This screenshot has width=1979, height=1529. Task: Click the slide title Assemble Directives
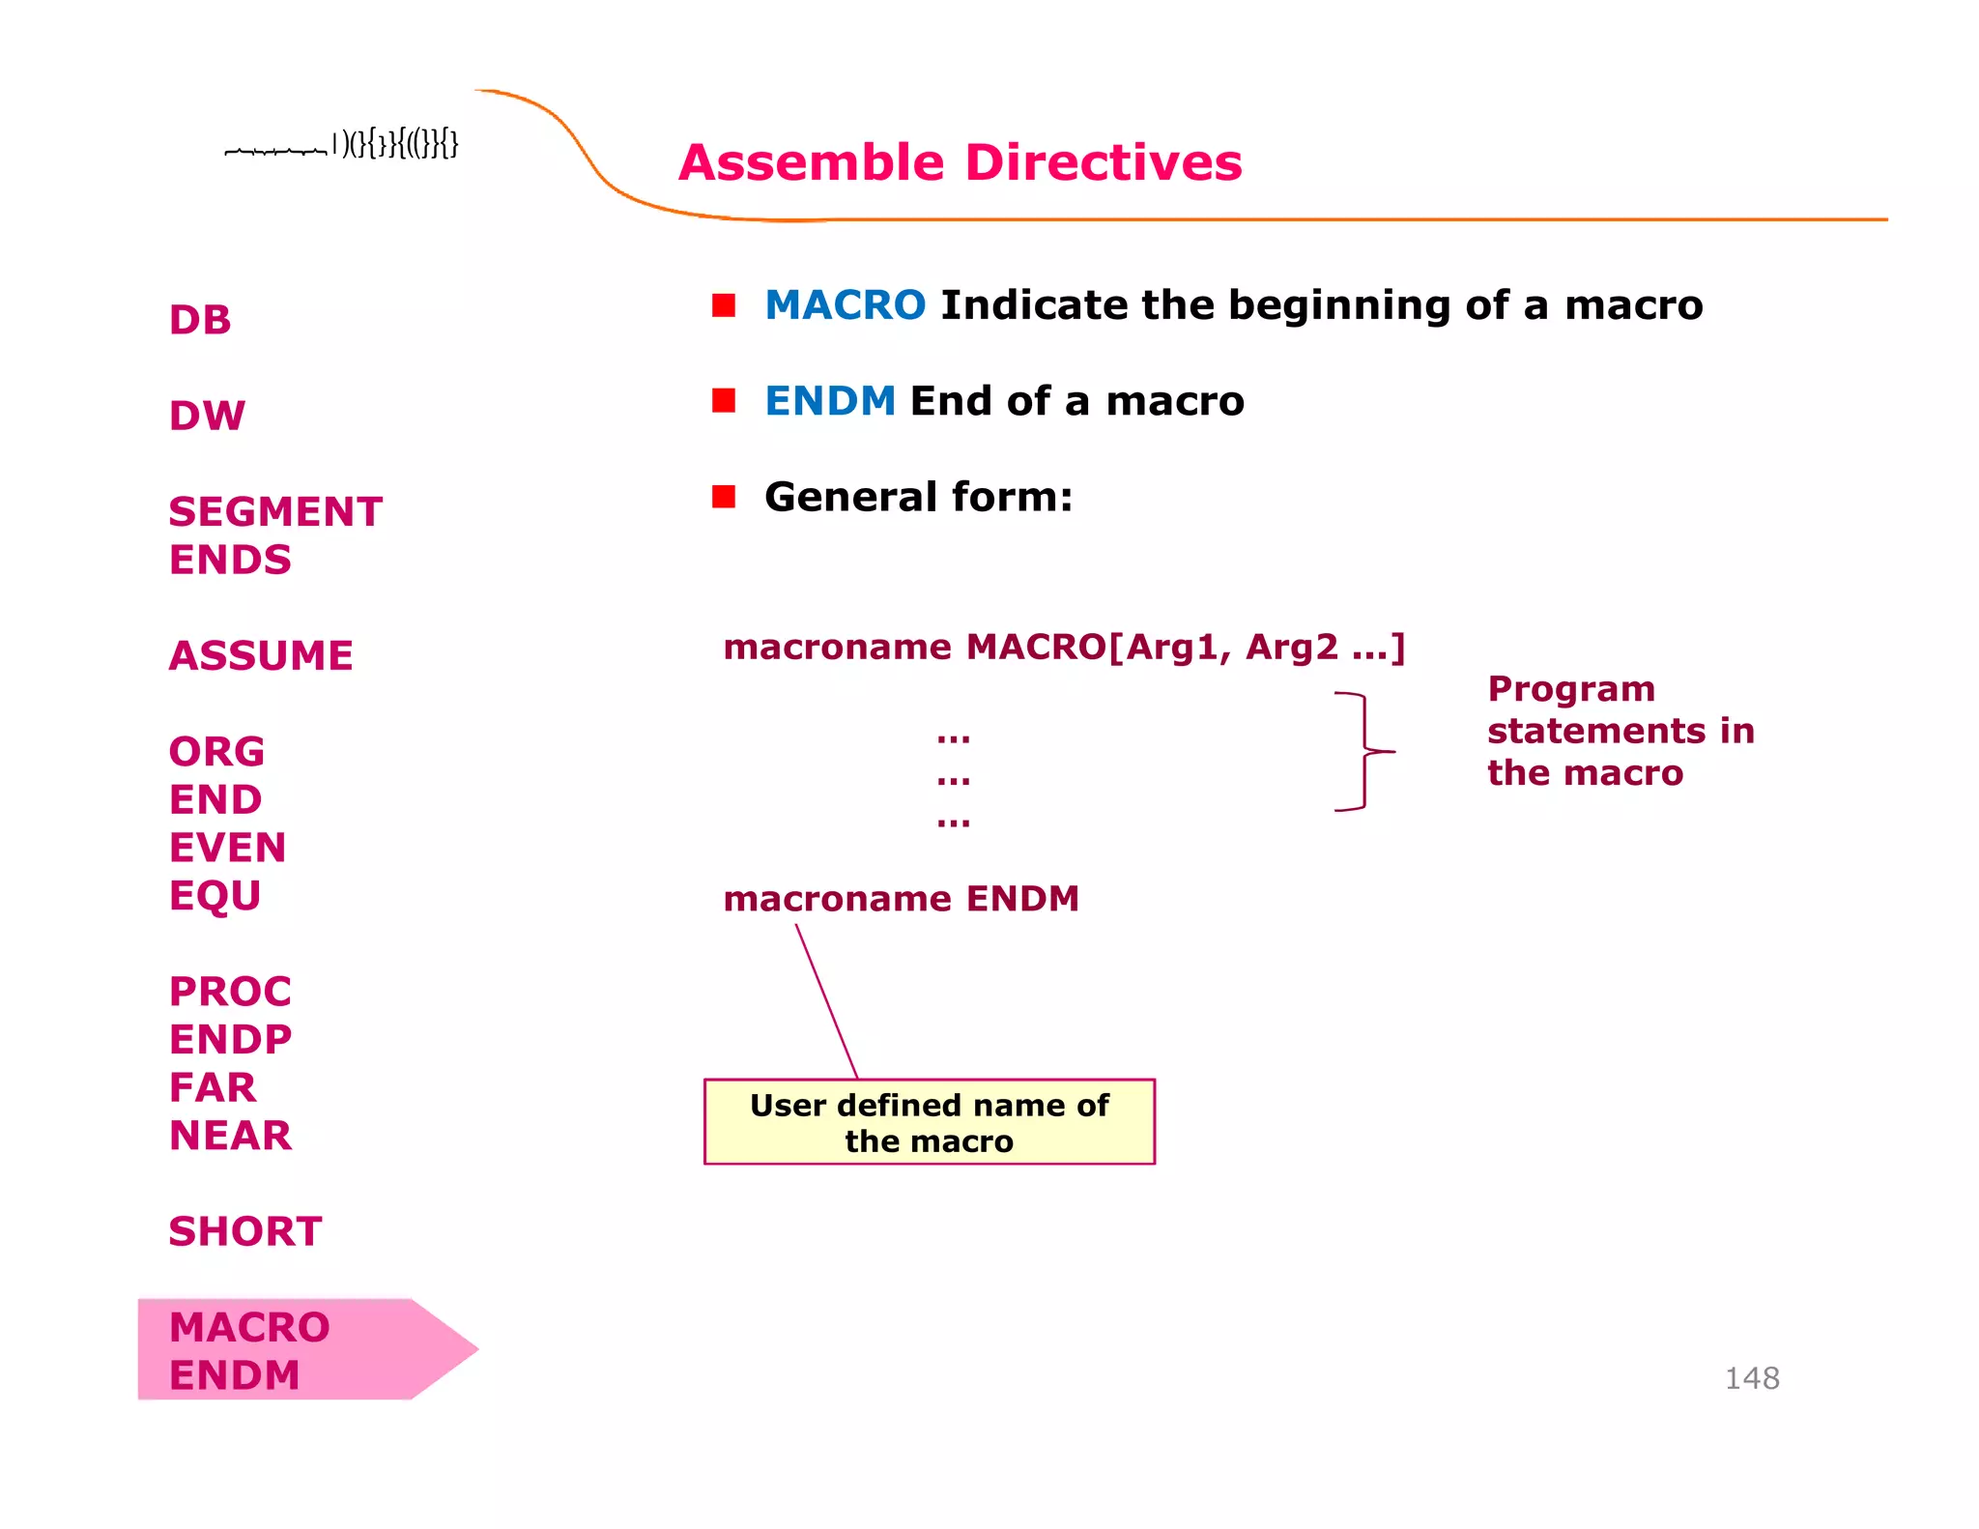960,162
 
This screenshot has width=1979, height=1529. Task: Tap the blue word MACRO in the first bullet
845,305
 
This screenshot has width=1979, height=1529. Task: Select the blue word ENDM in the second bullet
830,401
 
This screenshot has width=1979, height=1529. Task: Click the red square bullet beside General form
724,497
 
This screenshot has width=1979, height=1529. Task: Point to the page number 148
1751,1378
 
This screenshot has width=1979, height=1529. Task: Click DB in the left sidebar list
200,320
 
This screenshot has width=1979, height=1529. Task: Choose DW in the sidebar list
207,416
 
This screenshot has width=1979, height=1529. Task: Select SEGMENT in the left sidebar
275,511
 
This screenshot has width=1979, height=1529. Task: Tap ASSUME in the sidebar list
261,655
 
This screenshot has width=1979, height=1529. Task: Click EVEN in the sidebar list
227,848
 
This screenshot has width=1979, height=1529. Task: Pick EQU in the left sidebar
215,896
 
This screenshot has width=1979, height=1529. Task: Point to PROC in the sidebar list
230,992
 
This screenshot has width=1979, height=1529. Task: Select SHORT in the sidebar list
245,1231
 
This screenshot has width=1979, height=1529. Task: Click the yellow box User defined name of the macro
929,1122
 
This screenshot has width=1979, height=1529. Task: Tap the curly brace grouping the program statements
1364,751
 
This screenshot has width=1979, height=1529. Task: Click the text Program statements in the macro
1620,731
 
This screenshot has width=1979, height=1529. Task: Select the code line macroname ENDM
901,899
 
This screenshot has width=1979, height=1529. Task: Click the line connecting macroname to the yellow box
826,1000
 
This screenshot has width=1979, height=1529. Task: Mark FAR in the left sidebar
213,1087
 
